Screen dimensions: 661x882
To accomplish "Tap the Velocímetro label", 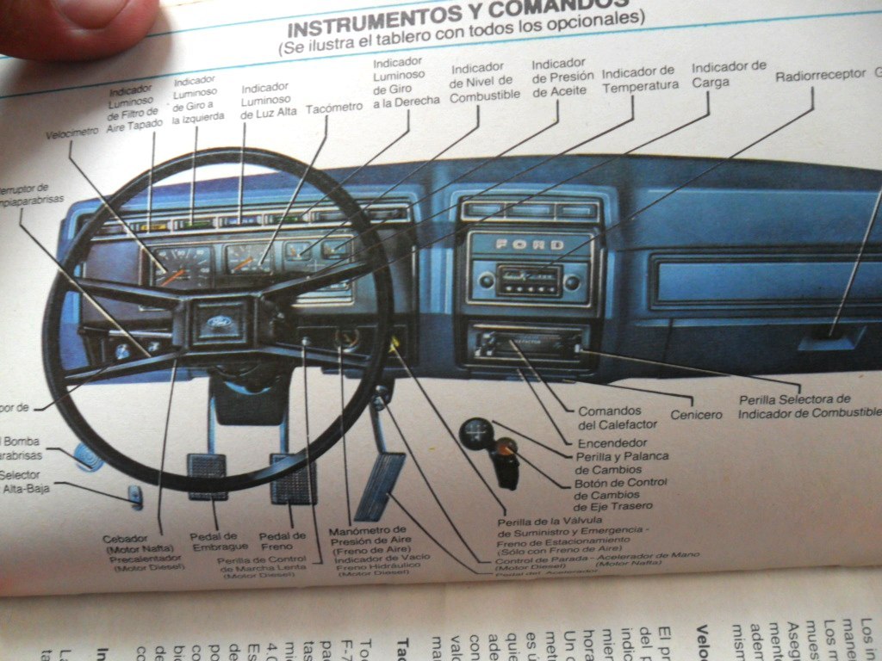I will (72, 133).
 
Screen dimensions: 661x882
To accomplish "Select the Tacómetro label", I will (334, 108).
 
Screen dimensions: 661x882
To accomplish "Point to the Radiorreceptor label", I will (820, 75).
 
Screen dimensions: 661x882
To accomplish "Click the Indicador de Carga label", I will (729, 74).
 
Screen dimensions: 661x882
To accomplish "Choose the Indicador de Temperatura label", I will (638, 78).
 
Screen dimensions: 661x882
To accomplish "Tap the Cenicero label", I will (696, 415).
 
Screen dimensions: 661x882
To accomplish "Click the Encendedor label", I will (611, 442).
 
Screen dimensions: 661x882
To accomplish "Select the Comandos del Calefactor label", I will (617, 417).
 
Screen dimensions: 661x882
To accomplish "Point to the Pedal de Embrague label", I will (216, 541).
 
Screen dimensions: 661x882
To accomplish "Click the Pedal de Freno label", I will (282, 541).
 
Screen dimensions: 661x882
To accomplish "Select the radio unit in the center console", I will (528, 281).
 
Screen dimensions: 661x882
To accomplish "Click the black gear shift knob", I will (475, 433).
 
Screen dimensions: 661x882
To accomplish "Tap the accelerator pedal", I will (380, 485).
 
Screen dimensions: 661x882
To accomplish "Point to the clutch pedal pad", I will (207, 476).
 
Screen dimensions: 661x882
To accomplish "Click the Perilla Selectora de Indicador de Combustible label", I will (794, 406).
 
